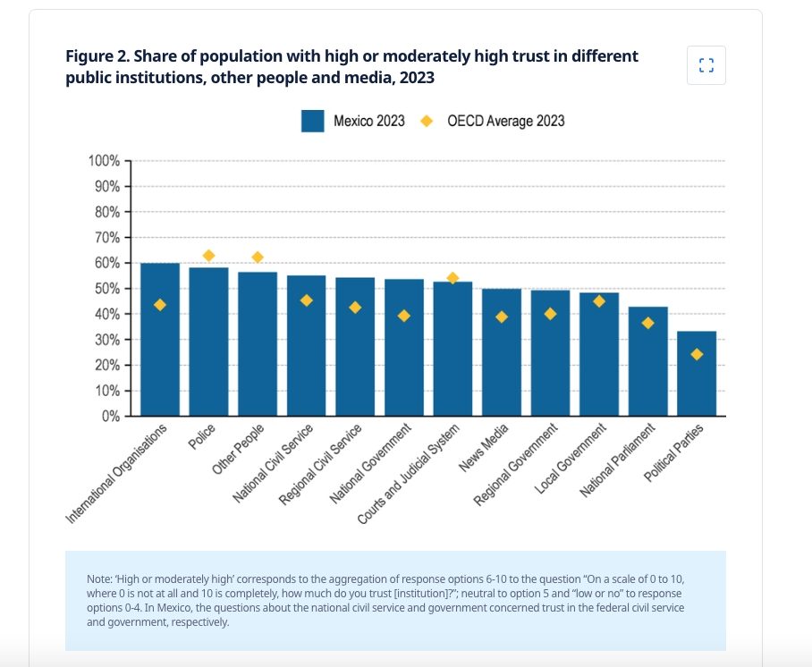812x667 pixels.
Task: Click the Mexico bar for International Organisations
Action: [160, 339]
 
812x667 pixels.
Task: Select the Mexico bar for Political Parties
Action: [697, 374]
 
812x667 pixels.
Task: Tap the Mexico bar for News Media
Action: [502, 352]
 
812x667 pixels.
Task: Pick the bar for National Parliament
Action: [647, 361]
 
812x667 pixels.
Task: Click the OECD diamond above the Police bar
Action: [208, 256]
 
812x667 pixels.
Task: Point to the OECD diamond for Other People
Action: [258, 258]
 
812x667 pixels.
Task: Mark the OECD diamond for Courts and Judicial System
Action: [453, 278]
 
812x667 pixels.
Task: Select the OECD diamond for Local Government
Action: [599, 301]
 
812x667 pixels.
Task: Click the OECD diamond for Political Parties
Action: [697, 354]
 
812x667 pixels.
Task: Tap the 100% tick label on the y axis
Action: [104, 161]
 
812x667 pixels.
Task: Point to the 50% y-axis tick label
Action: [107, 289]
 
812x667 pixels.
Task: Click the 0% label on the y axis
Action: [111, 417]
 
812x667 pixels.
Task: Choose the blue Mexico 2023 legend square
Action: [313, 122]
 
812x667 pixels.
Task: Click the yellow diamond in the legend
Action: [427, 122]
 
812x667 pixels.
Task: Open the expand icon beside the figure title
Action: [706, 65]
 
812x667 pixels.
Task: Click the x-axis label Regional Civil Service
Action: [320, 465]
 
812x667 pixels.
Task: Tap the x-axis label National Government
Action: [370, 463]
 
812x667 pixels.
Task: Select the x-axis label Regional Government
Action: [516, 465]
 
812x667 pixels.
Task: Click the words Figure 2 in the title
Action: [97, 56]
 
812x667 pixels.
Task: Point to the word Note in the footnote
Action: [97, 579]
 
